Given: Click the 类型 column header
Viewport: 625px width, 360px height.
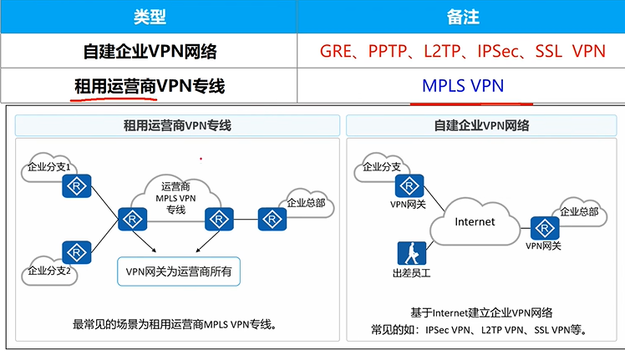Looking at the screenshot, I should click(x=149, y=17).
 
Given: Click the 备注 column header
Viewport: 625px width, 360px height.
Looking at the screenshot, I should click(x=461, y=17).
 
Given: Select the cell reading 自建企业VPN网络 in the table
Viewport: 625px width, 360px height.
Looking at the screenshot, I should click(x=150, y=52).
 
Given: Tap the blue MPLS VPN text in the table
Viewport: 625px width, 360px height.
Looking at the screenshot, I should click(x=462, y=86).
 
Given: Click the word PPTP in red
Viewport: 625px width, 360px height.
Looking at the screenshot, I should click(x=390, y=52).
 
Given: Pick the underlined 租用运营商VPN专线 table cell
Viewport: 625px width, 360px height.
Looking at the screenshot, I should click(x=150, y=86).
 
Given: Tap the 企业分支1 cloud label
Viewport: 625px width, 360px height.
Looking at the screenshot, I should click(x=48, y=167).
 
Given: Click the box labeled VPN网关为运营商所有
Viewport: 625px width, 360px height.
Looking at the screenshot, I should click(x=178, y=271).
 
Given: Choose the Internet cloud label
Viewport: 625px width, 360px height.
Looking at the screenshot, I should click(x=475, y=222).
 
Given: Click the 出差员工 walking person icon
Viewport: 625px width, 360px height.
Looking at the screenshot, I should click(x=412, y=253).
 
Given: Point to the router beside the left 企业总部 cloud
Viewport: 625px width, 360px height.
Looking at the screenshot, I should click(x=272, y=220).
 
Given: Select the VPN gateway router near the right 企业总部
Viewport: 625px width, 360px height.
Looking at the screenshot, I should click(x=545, y=228).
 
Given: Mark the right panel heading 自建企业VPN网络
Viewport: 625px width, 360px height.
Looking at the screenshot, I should click(x=481, y=125).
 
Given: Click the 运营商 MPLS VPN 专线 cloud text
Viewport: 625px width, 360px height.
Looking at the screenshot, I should click(x=175, y=197).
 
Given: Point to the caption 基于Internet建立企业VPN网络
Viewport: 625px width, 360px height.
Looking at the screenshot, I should click(x=481, y=312).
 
